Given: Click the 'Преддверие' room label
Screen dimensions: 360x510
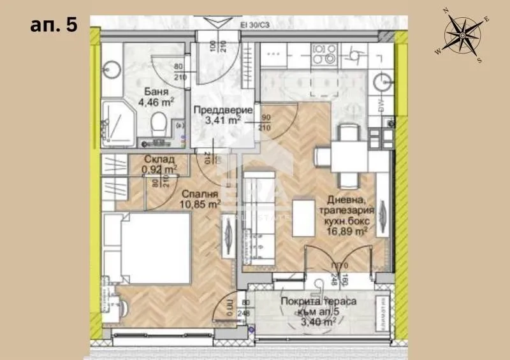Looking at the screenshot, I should point(217,108).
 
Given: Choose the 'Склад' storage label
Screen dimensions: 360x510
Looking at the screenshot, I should point(156,159).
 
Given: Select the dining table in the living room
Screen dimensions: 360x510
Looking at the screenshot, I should point(347,153).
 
